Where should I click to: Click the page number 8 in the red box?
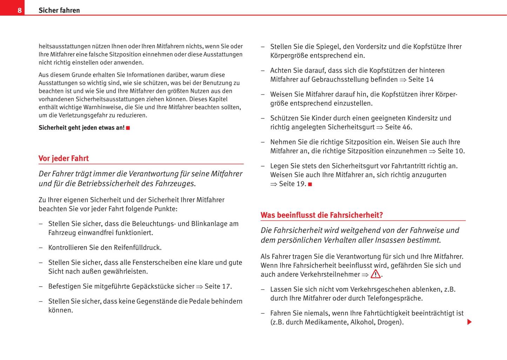pyautogui.click(x=19, y=10)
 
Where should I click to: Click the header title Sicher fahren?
pyautogui.click(x=59, y=10)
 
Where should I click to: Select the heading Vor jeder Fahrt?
pyautogui.click(x=64, y=158)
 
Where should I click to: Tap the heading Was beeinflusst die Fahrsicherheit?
pyautogui.click(x=321, y=215)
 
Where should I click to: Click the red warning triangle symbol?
pyautogui.click(x=375, y=274)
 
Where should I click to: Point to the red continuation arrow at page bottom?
pyautogui.click(x=469, y=322)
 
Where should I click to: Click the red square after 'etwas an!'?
pyautogui.click(x=128, y=128)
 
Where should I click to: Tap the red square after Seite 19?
pyautogui.click(x=310, y=184)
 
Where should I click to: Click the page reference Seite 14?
pyautogui.click(x=421, y=80)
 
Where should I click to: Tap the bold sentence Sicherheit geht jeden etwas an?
pyautogui.click(x=81, y=128)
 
